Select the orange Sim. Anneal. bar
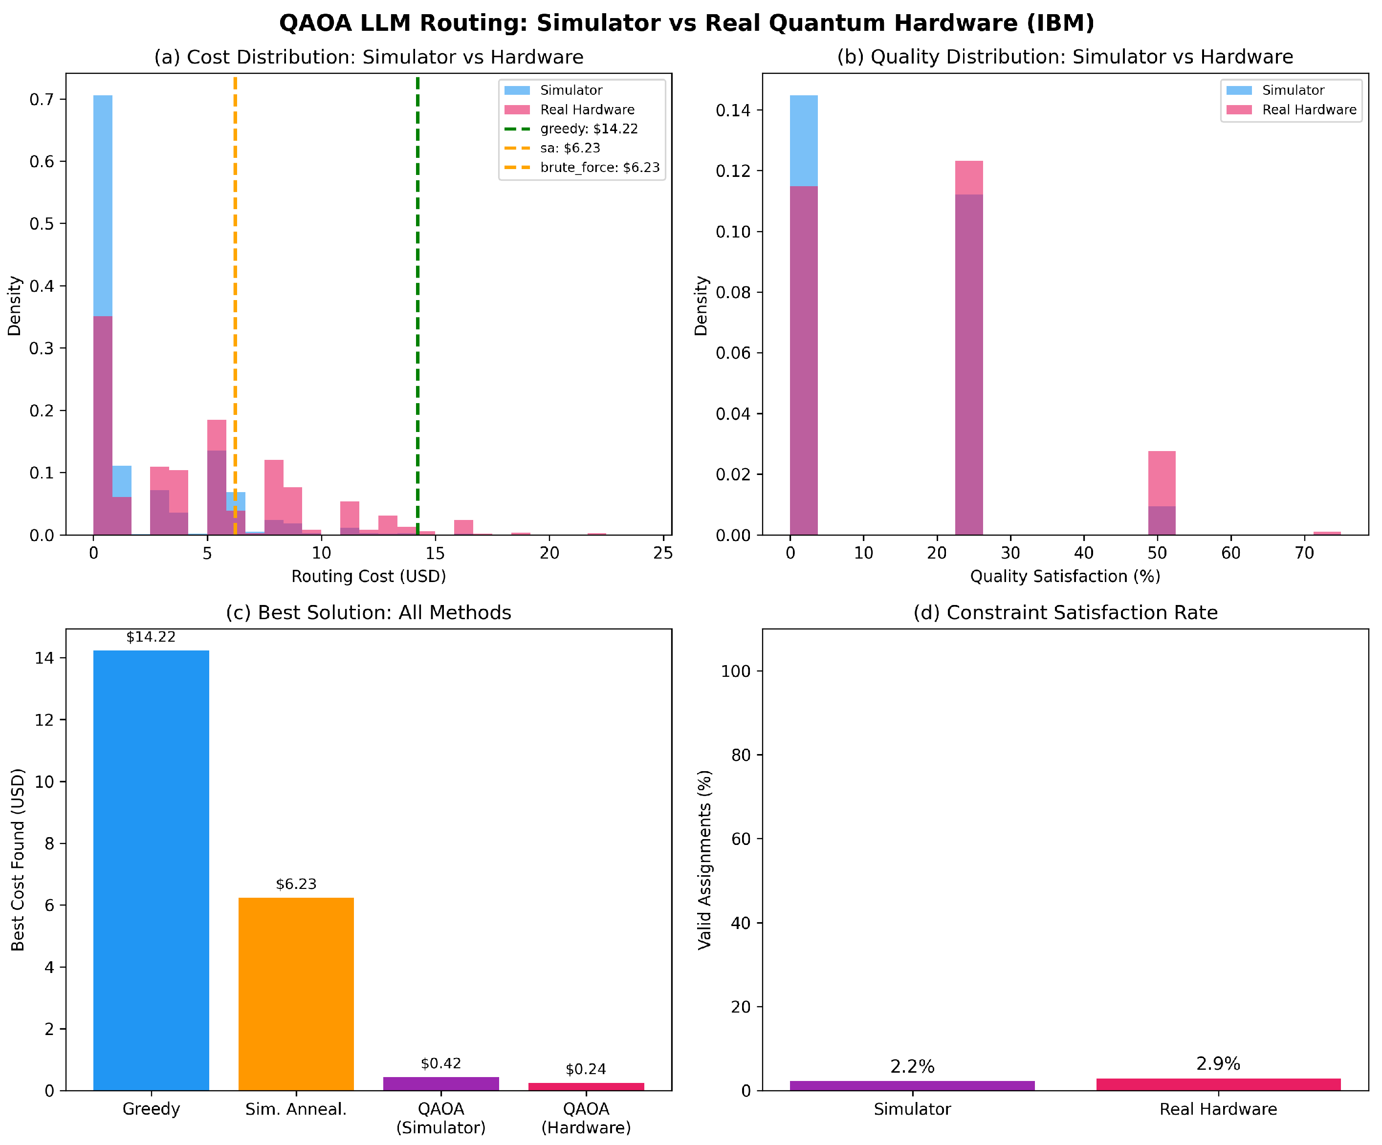tap(296, 994)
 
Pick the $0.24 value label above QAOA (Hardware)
tap(586, 1069)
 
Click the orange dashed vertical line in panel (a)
tap(235, 305)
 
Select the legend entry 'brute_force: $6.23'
tap(582, 167)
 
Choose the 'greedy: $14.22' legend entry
tap(571, 129)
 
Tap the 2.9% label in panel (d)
tap(1218, 1064)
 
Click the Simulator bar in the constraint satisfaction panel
tap(912, 1086)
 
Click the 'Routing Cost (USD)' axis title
tap(369, 577)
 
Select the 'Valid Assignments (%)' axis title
tap(705, 860)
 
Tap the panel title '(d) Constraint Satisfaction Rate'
tap(1065, 613)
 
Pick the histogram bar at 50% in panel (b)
tap(1162, 493)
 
